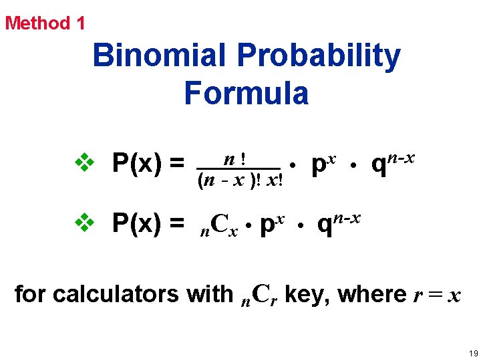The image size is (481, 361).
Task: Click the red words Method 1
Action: click(x=45, y=23)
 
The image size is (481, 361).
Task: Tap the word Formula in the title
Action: click(x=247, y=93)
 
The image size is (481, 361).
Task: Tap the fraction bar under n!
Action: click(x=238, y=169)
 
